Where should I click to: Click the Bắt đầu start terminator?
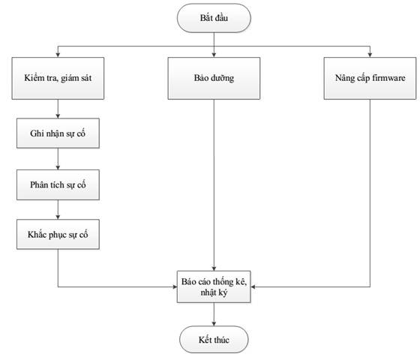pyautogui.click(x=214, y=18)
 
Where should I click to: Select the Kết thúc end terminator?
pyautogui.click(x=214, y=340)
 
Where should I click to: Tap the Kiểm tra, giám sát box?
pyautogui.click(x=58, y=78)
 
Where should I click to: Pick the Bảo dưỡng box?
pyautogui.click(x=214, y=78)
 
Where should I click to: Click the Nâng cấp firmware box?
pyautogui.click(x=370, y=78)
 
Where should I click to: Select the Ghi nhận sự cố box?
pyautogui.click(x=58, y=133)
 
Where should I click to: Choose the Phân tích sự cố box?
pyautogui.click(x=58, y=184)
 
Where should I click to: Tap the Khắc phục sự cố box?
pyautogui.click(x=58, y=234)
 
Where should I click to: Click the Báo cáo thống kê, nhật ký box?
pyautogui.click(x=214, y=286)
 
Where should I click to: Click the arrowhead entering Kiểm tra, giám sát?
pyautogui.click(x=58, y=55)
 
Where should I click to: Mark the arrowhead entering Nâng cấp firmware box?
pyautogui.click(x=370, y=55)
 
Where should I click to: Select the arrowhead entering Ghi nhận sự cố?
pyautogui.click(x=58, y=115)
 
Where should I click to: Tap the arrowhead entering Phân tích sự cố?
pyautogui.click(x=58, y=167)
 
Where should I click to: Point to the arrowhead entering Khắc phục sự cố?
pyautogui.click(x=58, y=217)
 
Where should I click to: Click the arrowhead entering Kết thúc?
pyautogui.click(x=214, y=323)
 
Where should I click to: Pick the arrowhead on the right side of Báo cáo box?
pyautogui.click(x=253, y=286)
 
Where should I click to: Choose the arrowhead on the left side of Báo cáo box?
pyautogui.click(x=175, y=286)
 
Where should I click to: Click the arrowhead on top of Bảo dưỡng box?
pyautogui.click(x=214, y=55)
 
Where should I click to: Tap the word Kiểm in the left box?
pyautogui.click(x=32, y=78)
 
